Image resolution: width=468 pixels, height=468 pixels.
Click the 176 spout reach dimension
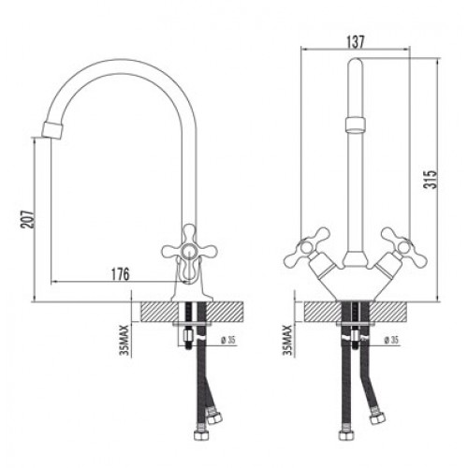pos(120,274)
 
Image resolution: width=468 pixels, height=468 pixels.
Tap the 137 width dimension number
pos(356,42)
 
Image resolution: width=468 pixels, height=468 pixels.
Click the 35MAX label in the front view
pos(288,340)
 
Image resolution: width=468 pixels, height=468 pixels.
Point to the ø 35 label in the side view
pos(227,340)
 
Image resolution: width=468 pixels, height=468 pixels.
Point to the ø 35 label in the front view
pos(391,340)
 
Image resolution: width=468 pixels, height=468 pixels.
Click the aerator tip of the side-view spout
pos(52,130)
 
